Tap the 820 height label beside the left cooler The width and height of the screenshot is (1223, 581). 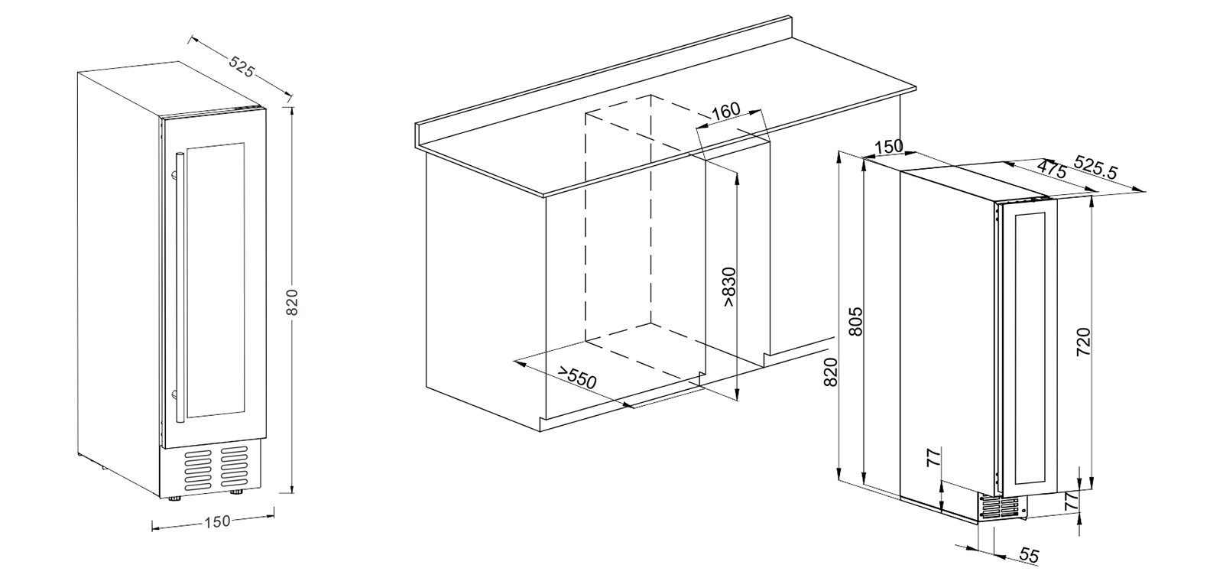[x=293, y=302]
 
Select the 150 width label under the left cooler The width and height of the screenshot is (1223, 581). [x=217, y=522]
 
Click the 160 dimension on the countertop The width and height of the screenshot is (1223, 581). [x=726, y=111]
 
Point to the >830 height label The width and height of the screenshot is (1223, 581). [x=729, y=287]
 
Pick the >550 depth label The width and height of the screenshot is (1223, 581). [x=576, y=378]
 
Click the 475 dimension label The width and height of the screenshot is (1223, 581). [x=1051, y=169]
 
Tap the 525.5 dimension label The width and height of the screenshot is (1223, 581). [x=1096, y=167]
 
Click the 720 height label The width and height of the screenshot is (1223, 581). [x=1084, y=342]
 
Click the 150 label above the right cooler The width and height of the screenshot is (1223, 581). [x=889, y=147]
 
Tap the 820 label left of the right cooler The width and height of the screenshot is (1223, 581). [x=830, y=372]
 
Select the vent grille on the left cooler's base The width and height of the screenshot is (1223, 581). [x=217, y=467]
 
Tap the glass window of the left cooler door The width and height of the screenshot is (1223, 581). [x=216, y=281]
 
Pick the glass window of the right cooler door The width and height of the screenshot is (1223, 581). [x=1030, y=349]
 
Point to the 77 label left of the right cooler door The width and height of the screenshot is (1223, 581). [x=934, y=457]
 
